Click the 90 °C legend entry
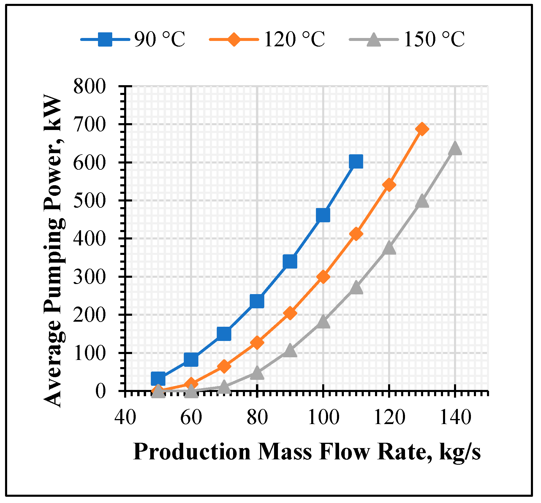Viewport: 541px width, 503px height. point(134,39)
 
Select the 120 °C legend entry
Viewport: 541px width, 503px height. point(267,39)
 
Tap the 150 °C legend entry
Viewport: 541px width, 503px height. point(407,39)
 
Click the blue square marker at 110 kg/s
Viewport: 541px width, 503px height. point(356,161)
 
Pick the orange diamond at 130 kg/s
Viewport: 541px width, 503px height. point(422,129)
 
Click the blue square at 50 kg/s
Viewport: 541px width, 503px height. point(158,378)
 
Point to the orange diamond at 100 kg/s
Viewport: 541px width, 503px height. point(323,277)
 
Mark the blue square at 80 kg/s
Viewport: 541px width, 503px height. point(257,301)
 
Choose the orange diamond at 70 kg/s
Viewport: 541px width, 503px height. point(224,366)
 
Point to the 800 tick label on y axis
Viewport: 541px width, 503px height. point(89,87)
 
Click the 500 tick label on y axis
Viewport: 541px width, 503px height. point(89,201)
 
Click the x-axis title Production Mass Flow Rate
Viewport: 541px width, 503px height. point(307,452)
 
